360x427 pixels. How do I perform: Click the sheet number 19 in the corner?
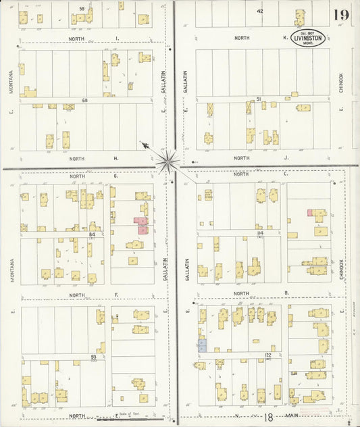pos(340,15)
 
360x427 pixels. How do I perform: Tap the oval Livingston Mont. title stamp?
pos(307,39)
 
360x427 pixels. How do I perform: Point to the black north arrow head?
pos(144,144)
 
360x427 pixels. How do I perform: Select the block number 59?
pos(82,8)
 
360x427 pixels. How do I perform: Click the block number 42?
pos(259,11)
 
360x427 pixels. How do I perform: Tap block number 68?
pos(85,101)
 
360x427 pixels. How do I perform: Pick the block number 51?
pos(259,99)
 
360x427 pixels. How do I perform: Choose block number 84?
pos(91,234)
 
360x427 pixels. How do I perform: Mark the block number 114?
pos(259,232)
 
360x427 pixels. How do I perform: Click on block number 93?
pos(93,356)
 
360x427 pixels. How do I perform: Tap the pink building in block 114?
pos(310,213)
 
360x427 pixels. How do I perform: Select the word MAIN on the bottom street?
pos(292,416)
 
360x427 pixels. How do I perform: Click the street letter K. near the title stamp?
pos(285,39)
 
